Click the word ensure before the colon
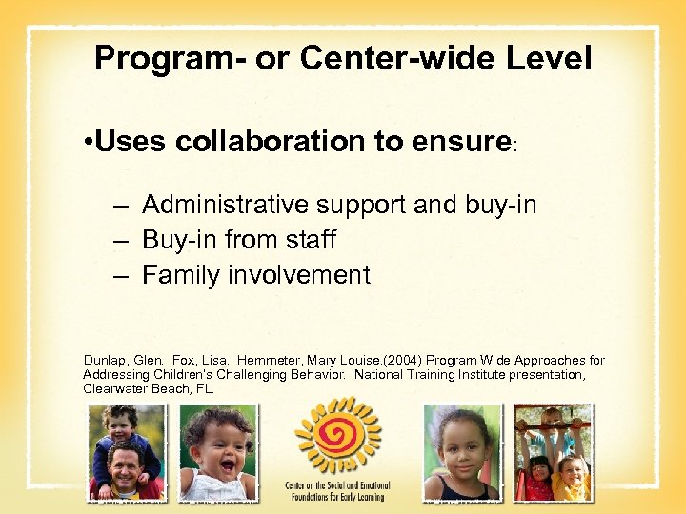click(457, 142)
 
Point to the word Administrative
click(230, 204)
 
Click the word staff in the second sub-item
click(308, 240)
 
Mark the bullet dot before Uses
click(87, 143)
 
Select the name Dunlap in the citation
click(105, 361)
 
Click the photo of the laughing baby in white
click(217, 452)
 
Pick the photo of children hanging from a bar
click(553, 452)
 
